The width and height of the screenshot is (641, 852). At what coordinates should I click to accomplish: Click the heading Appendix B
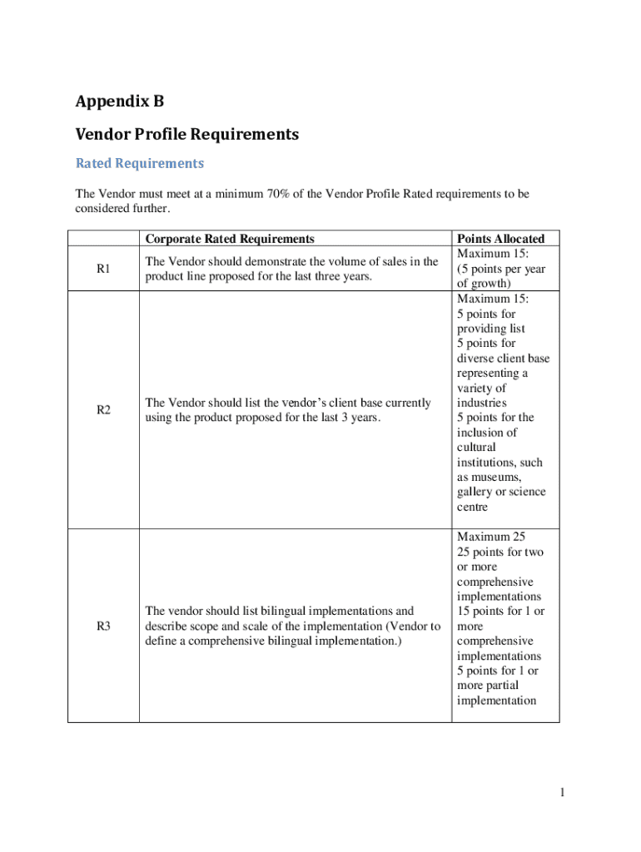point(120,102)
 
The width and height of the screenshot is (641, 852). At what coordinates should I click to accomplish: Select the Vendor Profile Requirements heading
point(186,134)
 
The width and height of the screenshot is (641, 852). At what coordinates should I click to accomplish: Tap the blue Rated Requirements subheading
point(139,163)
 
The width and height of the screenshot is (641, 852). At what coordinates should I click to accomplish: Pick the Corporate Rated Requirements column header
point(229,239)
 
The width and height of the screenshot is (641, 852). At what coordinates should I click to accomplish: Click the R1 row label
point(103,269)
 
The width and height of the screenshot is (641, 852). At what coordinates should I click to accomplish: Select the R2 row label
point(103,409)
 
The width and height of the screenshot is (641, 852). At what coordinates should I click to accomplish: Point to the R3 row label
point(103,627)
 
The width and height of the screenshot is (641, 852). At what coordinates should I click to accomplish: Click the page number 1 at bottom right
point(563,793)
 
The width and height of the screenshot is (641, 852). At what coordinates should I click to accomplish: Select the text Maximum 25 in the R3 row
point(490,537)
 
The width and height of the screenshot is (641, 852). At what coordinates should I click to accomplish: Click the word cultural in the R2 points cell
point(476,448)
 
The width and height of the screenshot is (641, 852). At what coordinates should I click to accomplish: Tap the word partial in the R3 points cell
point(499,686)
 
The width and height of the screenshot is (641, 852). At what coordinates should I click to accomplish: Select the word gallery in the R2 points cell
point(475,493)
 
